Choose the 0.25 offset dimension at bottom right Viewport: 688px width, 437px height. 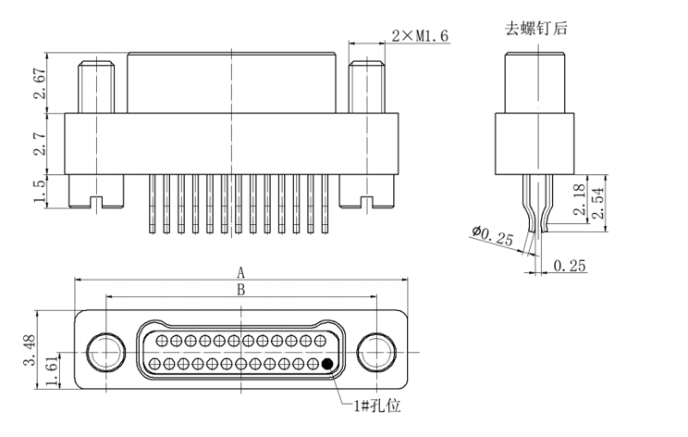click(571, 267)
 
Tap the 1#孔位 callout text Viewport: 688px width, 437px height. click(375, 405)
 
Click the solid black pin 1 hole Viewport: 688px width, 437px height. click(326, 364)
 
